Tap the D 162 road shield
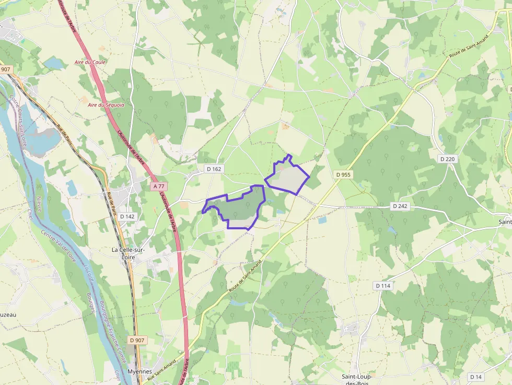214,169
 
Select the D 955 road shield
343,174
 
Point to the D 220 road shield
448,159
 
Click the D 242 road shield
400,206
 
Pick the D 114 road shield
383,286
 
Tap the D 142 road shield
127,216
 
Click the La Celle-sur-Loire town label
129,253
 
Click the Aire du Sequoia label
106,104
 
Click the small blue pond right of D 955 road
322,220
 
